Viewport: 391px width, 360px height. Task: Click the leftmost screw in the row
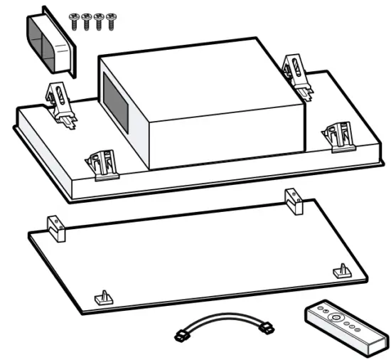coord(75,21)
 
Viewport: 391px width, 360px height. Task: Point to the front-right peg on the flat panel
coord(342,271)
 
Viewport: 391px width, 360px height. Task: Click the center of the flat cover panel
coord(199,256)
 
